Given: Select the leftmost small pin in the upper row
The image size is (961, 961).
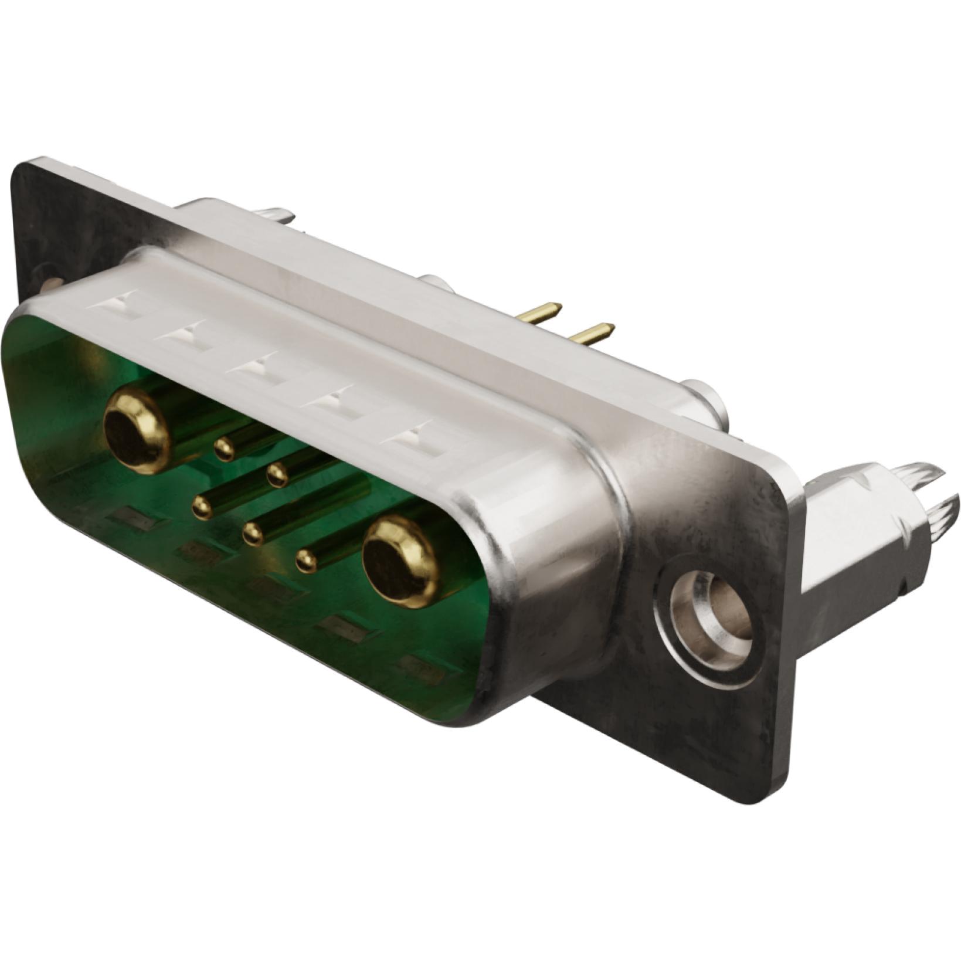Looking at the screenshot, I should [x=224, y=450].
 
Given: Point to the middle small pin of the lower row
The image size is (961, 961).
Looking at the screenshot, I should [x=253, y=534].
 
